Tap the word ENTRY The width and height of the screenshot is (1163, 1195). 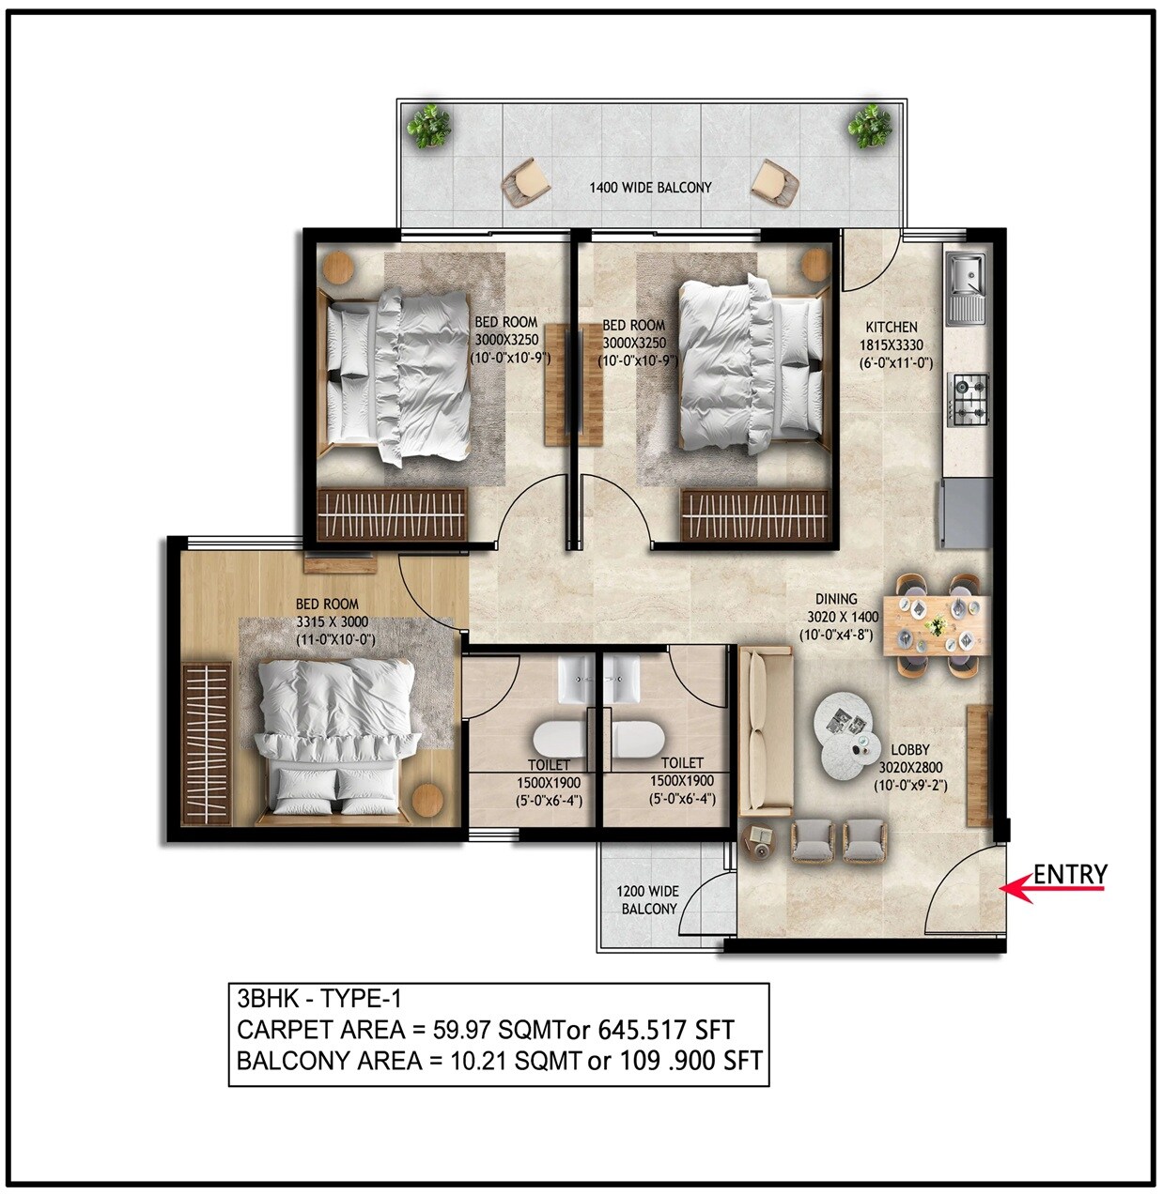click(x=1070, y=875)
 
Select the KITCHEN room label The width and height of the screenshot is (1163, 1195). click(x=891, y=327)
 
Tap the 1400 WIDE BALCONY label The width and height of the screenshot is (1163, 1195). click(x=650, y=187)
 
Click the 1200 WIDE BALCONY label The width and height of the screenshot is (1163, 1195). click(x=648, y=899)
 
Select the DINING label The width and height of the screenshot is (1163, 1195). click(x=836, y=598)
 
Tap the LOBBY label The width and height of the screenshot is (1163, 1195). click(x=909, y=749)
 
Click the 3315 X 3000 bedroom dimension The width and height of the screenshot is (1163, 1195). click(x=332, y=621)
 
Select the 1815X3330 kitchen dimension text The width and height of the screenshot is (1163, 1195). click(x=891, y=345)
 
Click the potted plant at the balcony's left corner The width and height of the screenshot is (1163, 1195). click(x=428, y=125)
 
